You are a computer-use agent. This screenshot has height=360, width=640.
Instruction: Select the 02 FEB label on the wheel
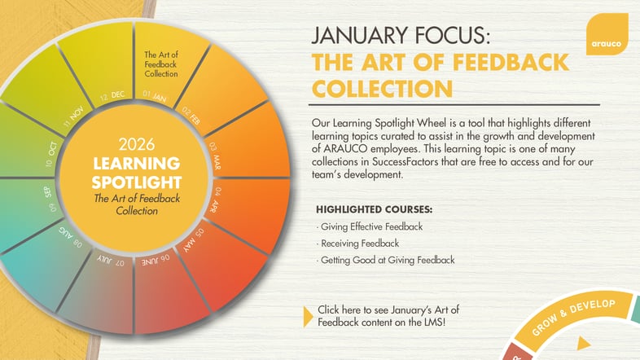pyautogui.click(x=191, y=115)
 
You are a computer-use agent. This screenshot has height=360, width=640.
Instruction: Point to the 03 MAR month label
pyautogui.click(x=213, y=152)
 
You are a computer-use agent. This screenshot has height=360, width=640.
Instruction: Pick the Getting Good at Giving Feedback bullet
pyautogui.click(x=387, y=260)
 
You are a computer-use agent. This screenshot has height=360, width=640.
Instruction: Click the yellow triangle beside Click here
pyautogui.click(x=307, y=315)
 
